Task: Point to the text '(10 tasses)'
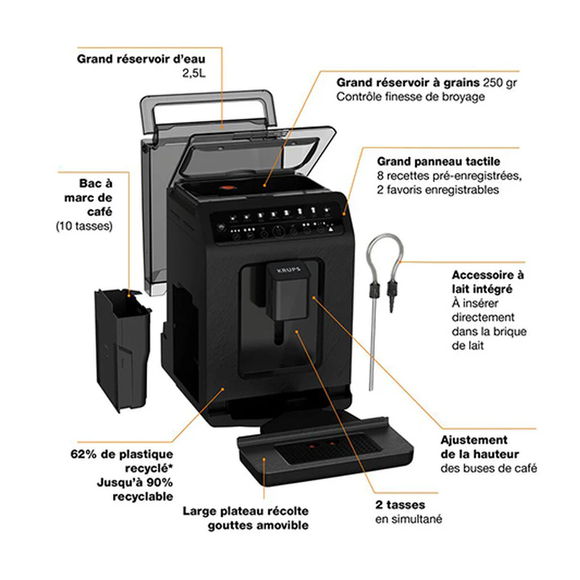[84, 226]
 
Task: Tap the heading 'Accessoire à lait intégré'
[487, 283]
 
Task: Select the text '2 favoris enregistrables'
[438, 190]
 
